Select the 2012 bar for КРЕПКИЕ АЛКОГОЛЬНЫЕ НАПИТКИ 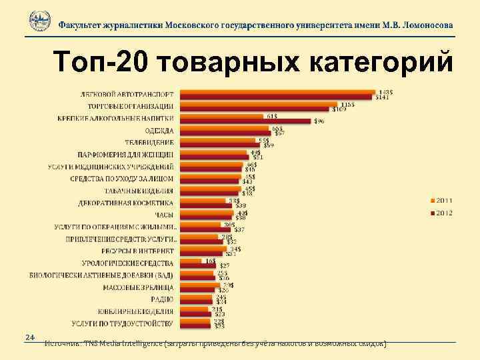pyautogui.click(x=245, y=121)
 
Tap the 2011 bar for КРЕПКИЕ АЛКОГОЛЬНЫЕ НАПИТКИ pyautogui.click(x=221, y=117)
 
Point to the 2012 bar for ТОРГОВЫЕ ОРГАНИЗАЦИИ pyautogui.click(x=253, y=109)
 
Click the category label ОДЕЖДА pyautogui.click(x=159, y=131)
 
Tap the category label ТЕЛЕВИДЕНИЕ pyautogui.click(x=149, y=143)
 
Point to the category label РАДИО pyautogui.click(x=163, y=299)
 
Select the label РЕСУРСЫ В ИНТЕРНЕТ pyautogui.click(x=138, y=251)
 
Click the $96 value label pyautogui.click(x=319, y=121)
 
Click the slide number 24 pyautogui.click(x=29, y=336)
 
